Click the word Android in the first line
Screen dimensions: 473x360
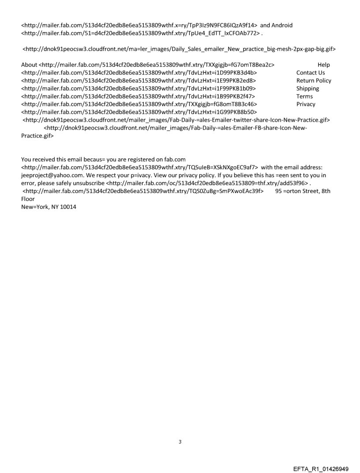281,25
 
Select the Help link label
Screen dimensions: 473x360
323,65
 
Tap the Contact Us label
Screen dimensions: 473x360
311,73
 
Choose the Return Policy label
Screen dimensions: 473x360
314,81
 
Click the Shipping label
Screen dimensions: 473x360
307,89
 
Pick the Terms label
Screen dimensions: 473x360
304,97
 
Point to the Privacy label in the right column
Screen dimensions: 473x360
306,104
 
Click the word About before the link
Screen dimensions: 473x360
29,65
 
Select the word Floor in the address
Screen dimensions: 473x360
28,199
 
